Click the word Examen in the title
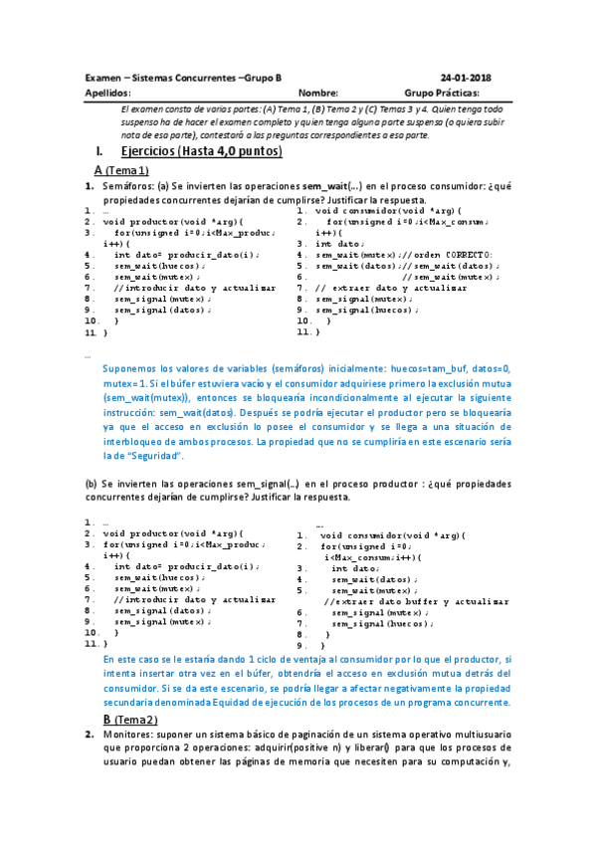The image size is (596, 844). (x=103, y=78)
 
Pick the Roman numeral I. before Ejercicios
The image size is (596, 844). (x=97, y=151)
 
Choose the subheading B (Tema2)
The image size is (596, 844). (x=131, y=719)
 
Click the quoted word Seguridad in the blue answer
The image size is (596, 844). (x=158, y=455)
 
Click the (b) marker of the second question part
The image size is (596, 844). (x=92, y=483)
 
